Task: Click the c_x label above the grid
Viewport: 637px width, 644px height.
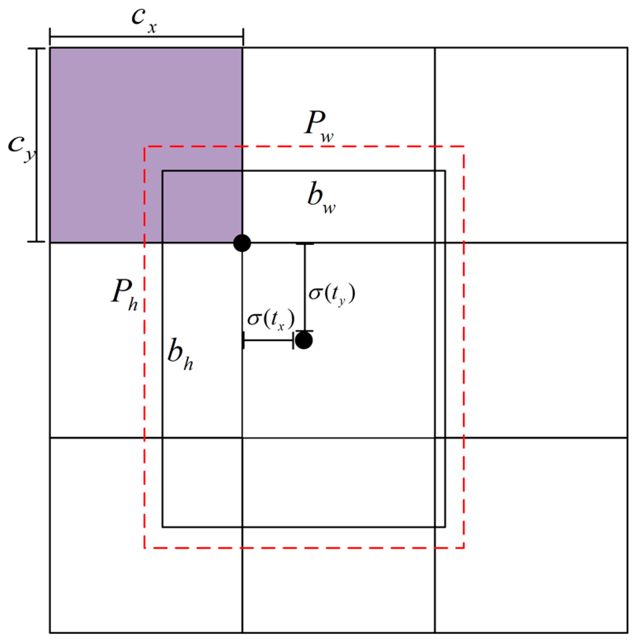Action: click(x=144, y=20)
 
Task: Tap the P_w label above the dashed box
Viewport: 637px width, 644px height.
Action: click(x=319, y=125)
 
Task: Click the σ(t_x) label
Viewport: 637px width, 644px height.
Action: click(x=271, y=319)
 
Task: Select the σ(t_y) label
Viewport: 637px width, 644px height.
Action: click(x=332, y=293)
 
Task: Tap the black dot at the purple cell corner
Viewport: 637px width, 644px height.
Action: click(x=242, y=243)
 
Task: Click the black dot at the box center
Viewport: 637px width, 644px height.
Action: click(x=304, y=340)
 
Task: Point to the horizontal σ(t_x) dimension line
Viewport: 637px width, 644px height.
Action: click(x=269, y=340)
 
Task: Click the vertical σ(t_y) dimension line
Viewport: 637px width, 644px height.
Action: click(x=305, y=287)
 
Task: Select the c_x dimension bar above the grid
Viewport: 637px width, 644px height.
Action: click(x=146, y=37)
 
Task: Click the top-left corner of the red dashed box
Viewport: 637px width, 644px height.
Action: click(x=145, y=147)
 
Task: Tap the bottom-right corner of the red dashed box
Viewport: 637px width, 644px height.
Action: click(x=464, y=547)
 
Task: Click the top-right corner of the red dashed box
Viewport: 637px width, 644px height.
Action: click(x=464, y=147)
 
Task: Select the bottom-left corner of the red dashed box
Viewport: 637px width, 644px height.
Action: click(x=145, y=547)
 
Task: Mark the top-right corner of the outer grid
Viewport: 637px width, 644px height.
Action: click(x=628, y=48)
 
